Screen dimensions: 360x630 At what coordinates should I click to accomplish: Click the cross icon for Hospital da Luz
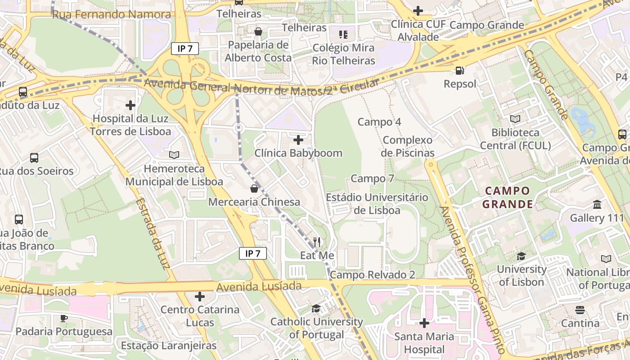[x=130, y=105]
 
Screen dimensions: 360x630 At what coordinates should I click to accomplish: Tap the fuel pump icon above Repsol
[x=459, y=71]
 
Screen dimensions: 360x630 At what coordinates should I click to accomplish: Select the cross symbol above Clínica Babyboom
[x=298, y=140]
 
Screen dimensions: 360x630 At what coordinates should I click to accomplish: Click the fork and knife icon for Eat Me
[x=317, y=242]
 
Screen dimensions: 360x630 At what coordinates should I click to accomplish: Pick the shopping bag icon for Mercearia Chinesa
[x=254, y=188]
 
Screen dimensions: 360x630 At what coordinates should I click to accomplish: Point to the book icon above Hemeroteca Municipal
[x=174, y=155]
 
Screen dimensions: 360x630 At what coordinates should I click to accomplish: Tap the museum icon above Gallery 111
[x=597, y=205]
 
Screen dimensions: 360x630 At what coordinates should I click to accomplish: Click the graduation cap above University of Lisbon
[x=521, y=256]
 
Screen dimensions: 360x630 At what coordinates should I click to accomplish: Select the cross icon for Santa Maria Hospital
[x=424, y=323]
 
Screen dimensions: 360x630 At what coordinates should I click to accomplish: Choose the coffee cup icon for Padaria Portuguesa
[x=64, y=318]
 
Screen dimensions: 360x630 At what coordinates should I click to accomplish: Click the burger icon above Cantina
[x=580, y=310]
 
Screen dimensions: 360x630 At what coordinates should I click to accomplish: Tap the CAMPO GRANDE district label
[x=508, y=198]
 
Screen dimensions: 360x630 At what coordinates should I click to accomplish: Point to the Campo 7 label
[x=372, y=179]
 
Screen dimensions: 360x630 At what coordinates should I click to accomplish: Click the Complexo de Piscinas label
[x=408, y=147]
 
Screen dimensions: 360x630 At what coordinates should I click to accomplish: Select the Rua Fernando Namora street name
[x=112, y=14]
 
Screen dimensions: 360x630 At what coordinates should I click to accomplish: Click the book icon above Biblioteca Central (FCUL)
[x=515, y=119]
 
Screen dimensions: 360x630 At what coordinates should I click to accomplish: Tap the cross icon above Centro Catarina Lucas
[x=200, y=297]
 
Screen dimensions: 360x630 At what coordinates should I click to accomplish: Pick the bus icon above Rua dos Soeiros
[x=34, y=158]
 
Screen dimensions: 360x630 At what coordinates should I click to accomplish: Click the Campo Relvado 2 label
[x=372, y=275]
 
